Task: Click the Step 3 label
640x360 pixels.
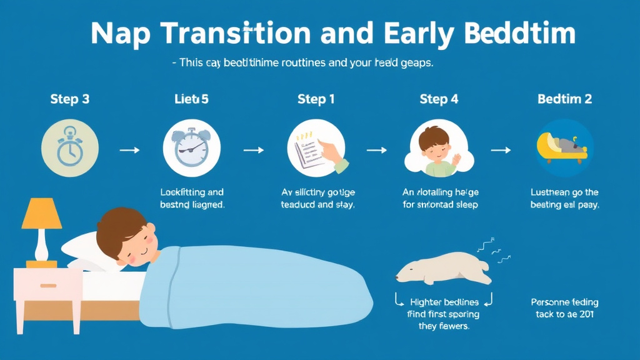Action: pyautogui.click(x=69, y=99)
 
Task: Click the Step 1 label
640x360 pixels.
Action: pyautogui.click(x=316, y=99)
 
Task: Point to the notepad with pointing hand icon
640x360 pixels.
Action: pyautogui.click(x=316, y=149)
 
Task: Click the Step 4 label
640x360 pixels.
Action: pyautogui.click(x=439, y=99)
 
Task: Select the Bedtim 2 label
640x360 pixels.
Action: pyautogui.click(x=564, y=99)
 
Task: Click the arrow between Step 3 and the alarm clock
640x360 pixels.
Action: pyautogui.click(x=129, y=151)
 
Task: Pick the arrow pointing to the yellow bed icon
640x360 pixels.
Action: pyautogui.click(x=501, y=151)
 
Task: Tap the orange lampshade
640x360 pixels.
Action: pyautogui.click(x=42, y=214)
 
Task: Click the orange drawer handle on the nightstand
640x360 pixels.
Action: pyautogui.click(x=48, y=286)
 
